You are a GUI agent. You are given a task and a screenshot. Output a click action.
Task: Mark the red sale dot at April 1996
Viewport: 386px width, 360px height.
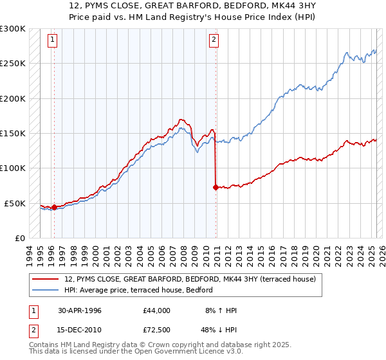click(x=54, y=207)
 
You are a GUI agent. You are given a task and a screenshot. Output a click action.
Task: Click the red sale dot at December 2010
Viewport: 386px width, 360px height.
click(x=215, y=187)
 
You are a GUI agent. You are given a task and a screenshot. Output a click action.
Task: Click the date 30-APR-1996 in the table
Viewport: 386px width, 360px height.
click(x=79, y=310)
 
